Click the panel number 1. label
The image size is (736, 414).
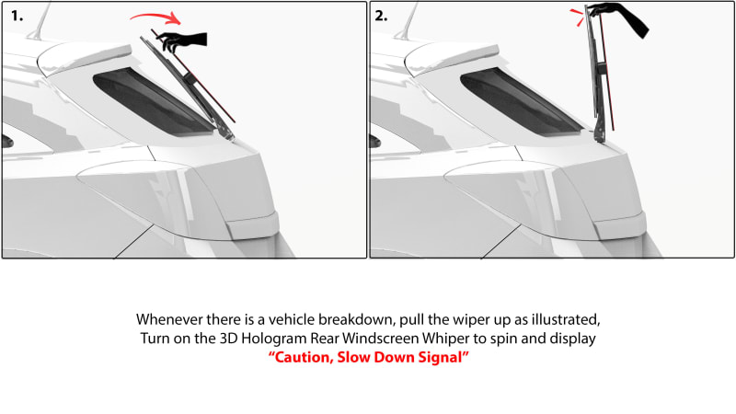[x=17, y=16]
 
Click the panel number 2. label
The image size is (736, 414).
[x=381, y=16]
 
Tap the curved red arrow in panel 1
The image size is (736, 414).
[x=156, y=17]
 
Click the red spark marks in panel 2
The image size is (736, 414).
[x=578, y=17]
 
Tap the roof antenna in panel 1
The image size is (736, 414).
[x=40, y=21]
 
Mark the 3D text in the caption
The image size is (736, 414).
[x=228, y=339]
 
